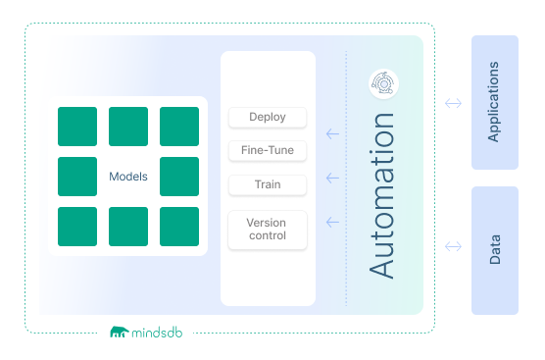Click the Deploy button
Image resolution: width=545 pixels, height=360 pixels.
[268, 118]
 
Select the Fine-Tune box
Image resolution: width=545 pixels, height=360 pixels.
[268, 151]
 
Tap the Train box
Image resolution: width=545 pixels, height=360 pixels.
[268, 184]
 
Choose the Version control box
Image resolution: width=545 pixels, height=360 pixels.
[268, 229]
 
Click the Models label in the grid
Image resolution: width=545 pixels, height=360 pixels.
[128, 178]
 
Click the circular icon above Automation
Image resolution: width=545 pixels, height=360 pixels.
[382, 84]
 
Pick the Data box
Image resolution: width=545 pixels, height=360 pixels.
[494, 250]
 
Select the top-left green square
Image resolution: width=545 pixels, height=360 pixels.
[77, 127]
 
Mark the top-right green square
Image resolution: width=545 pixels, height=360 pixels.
[179, 127]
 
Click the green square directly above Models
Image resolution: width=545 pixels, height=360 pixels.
[128, 127]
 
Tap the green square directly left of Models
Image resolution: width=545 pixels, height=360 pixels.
[77, 177]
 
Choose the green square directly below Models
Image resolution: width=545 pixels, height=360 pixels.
[128, 227]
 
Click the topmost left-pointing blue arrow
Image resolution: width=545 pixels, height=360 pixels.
[331, 134]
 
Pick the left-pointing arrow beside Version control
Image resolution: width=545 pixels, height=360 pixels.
[331, 223]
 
